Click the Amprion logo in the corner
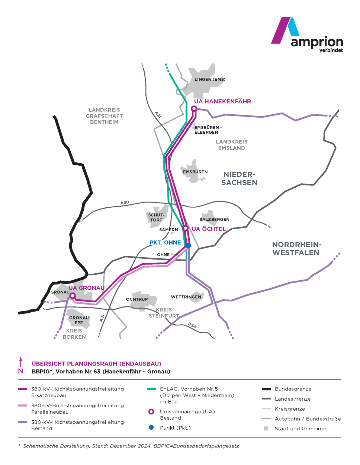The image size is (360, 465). pyautogui.click(x=307, y=35)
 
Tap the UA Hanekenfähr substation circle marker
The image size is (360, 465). pyautogui.click(x=194, y=109)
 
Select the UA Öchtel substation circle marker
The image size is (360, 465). pyautogui.click(x=185, y=228)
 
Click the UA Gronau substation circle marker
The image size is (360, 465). pyautogui.click(x=73, y=296)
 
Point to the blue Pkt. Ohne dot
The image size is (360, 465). pyautogui.click(x=188, y=246)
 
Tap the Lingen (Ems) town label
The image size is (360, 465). pyautogui.click(x=210, y=79)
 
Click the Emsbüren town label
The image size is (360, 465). pyautogui.click(x=195, y=172)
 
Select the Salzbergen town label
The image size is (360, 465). pyautogui.click(x=215, y=219)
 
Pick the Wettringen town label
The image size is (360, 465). pyautogui.click(x=186, y=297)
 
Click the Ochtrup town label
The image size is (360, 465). pyautogui.click(x=137, y=299)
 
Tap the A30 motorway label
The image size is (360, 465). pyautogui.click(x=125, y=203)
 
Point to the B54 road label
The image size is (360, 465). pyautogui.click(x=192, y=325)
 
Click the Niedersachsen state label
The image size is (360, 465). pyautogui.click(x=239, y=178)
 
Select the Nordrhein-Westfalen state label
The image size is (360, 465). pyautogui.click(x=296, y=249)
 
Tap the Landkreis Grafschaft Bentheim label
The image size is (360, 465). pyautogui.click(x=104, y=116)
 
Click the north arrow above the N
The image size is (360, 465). pyautogui.click(x=21, y=361)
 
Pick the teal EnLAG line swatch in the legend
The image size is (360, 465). pyautogui.click(x=151, y=389)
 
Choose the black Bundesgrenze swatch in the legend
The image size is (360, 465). pyautogui.click(x=266, y=389)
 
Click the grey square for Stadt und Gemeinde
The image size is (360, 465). pyautogui.click(x=266, y=429)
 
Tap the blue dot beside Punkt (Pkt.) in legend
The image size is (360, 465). pyautogui.click(x=151, y=427)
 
